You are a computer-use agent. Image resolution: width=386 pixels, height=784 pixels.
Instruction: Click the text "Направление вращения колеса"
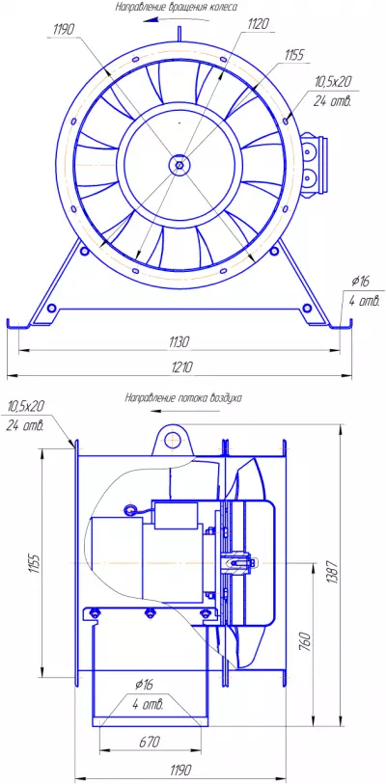(177, 7)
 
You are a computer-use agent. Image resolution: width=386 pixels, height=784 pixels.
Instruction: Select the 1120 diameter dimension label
(259, 23)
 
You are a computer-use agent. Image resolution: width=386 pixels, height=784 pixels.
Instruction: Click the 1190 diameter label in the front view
(63, 30)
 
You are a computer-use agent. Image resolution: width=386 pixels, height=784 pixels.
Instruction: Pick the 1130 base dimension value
(179, 342)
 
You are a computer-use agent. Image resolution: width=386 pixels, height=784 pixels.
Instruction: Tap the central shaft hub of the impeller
(179, 164)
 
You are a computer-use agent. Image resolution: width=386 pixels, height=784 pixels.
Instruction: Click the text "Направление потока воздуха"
(183, 398)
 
